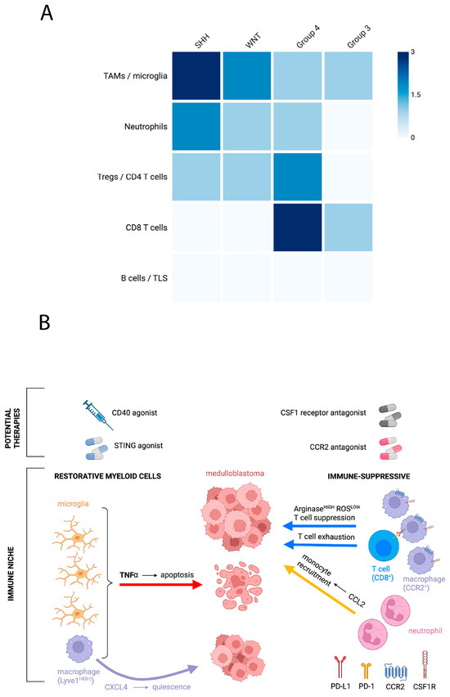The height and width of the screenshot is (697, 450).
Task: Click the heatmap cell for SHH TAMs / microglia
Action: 196,75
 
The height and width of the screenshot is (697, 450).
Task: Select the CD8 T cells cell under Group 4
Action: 298,227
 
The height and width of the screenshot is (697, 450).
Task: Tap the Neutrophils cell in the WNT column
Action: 247,126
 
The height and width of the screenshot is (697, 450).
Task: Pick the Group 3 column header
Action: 358,37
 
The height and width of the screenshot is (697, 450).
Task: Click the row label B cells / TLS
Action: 144,278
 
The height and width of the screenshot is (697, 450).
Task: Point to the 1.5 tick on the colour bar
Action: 416,94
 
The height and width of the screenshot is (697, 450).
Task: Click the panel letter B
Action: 44,322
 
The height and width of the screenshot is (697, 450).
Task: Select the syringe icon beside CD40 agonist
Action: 98,414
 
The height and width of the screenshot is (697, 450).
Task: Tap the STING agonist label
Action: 138,445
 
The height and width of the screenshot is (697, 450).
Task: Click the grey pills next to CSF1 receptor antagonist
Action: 389,416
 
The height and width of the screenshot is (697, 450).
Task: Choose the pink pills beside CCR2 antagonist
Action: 390,448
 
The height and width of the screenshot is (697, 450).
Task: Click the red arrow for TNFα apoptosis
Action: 161,585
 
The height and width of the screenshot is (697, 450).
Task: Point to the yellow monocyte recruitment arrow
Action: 319,589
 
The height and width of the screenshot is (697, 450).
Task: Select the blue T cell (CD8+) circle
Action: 383,546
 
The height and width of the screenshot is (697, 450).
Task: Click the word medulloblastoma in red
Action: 235,474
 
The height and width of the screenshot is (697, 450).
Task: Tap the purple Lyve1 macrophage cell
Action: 79,649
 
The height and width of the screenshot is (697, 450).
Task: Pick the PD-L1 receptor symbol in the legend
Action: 340,668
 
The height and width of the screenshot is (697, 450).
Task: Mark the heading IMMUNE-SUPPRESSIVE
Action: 369,476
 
